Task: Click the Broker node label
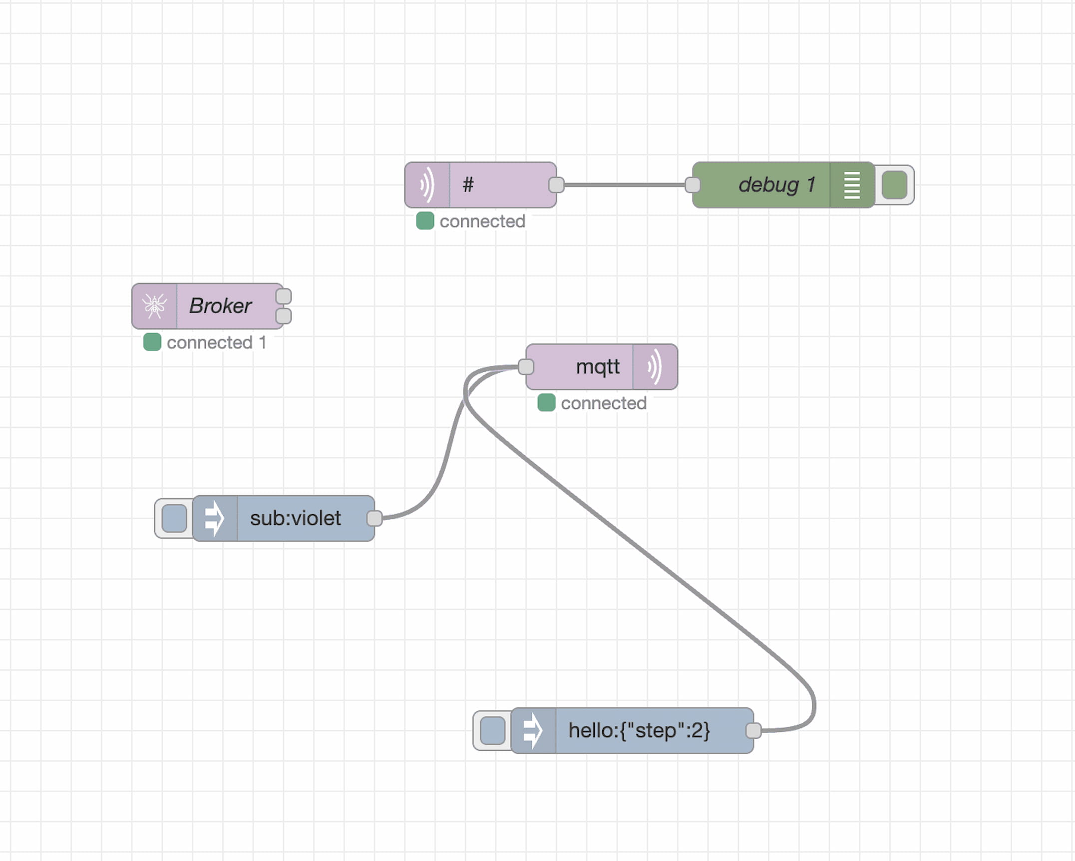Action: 220,306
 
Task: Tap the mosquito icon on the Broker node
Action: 154,306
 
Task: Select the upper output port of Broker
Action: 284,296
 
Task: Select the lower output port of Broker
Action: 284,316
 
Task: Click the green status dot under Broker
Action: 152,342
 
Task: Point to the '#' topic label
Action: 468,185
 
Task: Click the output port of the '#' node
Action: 556,185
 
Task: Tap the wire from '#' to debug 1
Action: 624,185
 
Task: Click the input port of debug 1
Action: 693,185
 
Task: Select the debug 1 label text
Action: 776,185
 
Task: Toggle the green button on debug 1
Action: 894,185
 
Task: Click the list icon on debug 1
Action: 852,185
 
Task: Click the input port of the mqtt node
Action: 526,367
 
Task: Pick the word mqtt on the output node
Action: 598,367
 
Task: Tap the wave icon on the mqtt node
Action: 655,367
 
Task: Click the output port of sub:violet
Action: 374,518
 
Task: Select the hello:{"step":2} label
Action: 639,731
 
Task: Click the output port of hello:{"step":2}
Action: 753,731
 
